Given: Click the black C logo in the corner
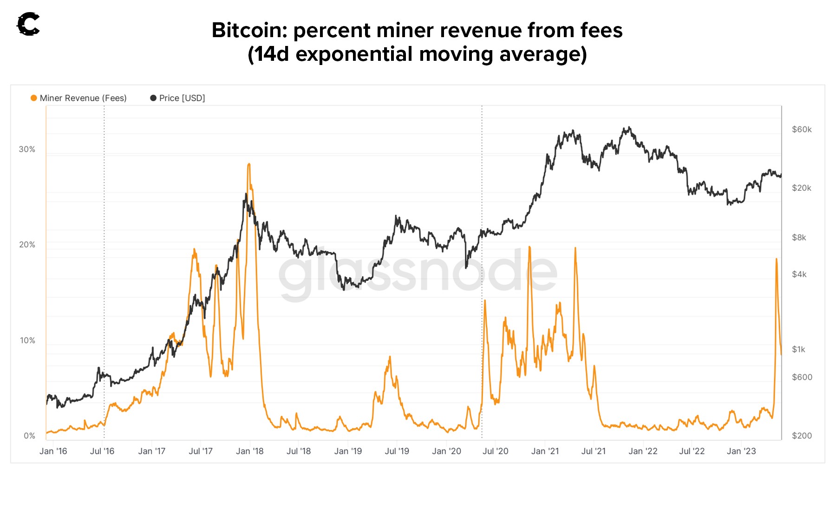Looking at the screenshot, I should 28,24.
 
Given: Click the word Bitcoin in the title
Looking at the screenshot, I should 249,31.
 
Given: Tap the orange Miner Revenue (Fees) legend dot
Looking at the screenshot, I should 33,98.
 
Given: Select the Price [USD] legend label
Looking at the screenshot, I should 182,98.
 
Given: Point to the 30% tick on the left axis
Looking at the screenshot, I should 27,149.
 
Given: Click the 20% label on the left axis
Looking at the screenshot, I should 27,245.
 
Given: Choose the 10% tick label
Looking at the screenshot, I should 27,340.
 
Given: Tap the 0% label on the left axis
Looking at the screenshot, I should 29,436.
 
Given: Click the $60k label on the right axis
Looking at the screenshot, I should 802,130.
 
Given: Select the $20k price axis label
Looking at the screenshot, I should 802,188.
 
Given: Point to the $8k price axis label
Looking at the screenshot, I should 799,238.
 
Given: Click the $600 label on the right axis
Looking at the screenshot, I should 802,377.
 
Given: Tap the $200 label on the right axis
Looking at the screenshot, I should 802,436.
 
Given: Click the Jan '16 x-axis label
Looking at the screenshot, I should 53,451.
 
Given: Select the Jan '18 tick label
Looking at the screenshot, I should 249,451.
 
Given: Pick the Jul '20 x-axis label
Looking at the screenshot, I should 495,451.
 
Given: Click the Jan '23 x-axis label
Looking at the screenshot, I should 741,451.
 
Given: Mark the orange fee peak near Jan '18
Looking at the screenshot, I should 249,164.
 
